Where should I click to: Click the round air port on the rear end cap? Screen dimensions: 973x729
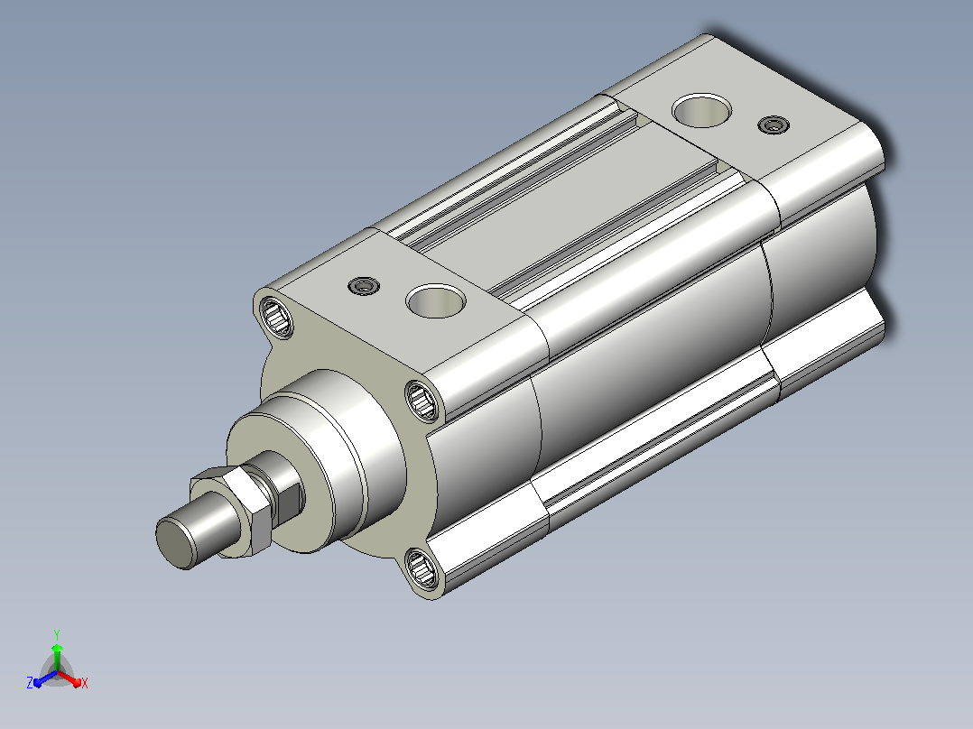click(x=702, y=110)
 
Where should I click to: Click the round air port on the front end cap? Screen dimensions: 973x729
click(x=436, y=301)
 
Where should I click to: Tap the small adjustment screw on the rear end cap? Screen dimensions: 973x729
click(x=774, y=125)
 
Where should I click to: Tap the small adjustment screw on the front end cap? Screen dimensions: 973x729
click(x=364, y=286)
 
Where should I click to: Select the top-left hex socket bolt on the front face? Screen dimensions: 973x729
click(x=276, y=318)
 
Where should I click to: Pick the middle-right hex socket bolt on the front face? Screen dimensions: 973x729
click(x=422, y=401)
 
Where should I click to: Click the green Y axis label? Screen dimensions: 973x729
click(x=57, y=634)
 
